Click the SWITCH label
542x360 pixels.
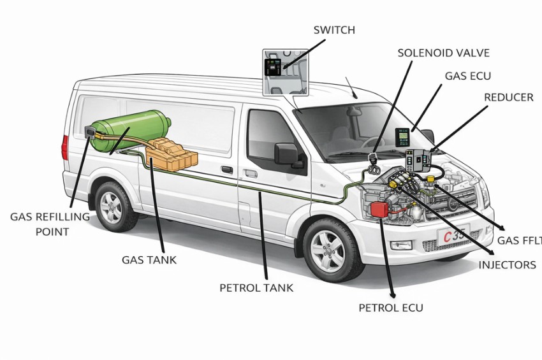(334, 30)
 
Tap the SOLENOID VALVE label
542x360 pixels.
(443, 53)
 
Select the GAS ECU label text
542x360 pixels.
(467, 76)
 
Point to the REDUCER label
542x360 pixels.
(508, 97)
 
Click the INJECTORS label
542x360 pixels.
(507, 264)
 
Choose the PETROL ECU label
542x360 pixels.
(390, 308)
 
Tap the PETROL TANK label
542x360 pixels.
(256, 287)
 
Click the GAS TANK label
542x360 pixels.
(149, 260)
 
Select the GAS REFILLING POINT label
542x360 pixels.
(50, 224)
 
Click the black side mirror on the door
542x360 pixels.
(287, 155)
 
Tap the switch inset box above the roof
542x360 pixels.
(286, 72)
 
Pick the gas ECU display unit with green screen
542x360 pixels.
(402, 138)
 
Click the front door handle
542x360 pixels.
(251, 173)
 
